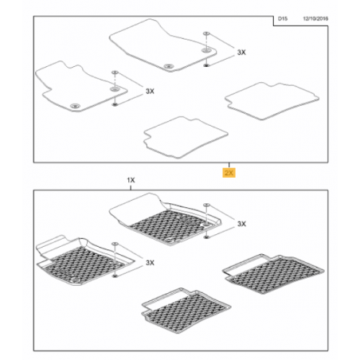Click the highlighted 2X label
click(229, 173)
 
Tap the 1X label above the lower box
click(131, 180)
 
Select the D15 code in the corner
click(283, 19)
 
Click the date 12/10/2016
click(315, 19)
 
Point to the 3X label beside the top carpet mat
click(241, 53)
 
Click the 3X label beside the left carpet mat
click(150, 92)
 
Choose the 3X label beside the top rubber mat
click(241, 224)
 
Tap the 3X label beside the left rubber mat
click(150, 263)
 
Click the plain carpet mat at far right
click(272, 101)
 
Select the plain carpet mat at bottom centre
click(186, 137)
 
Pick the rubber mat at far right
click(273, 274)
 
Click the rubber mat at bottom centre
click(186, 308)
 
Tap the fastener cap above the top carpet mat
click(206, 33)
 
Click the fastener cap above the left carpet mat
click(115, 72)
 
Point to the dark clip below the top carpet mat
click(206, 65)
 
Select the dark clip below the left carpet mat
click(115, 104)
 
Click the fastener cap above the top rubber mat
click(206, 205)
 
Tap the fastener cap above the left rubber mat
click(115, 244)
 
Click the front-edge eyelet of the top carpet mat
click(168, 66)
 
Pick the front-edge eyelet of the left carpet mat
click(75, 106)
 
